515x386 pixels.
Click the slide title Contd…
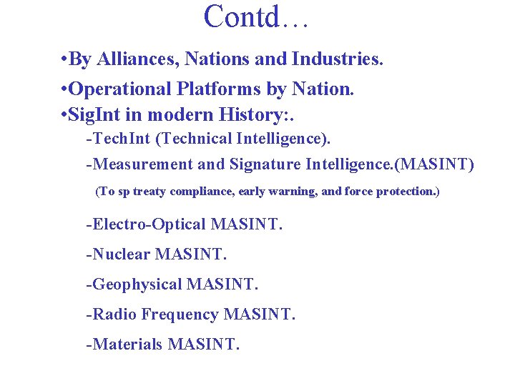click(x=255, y=17)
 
